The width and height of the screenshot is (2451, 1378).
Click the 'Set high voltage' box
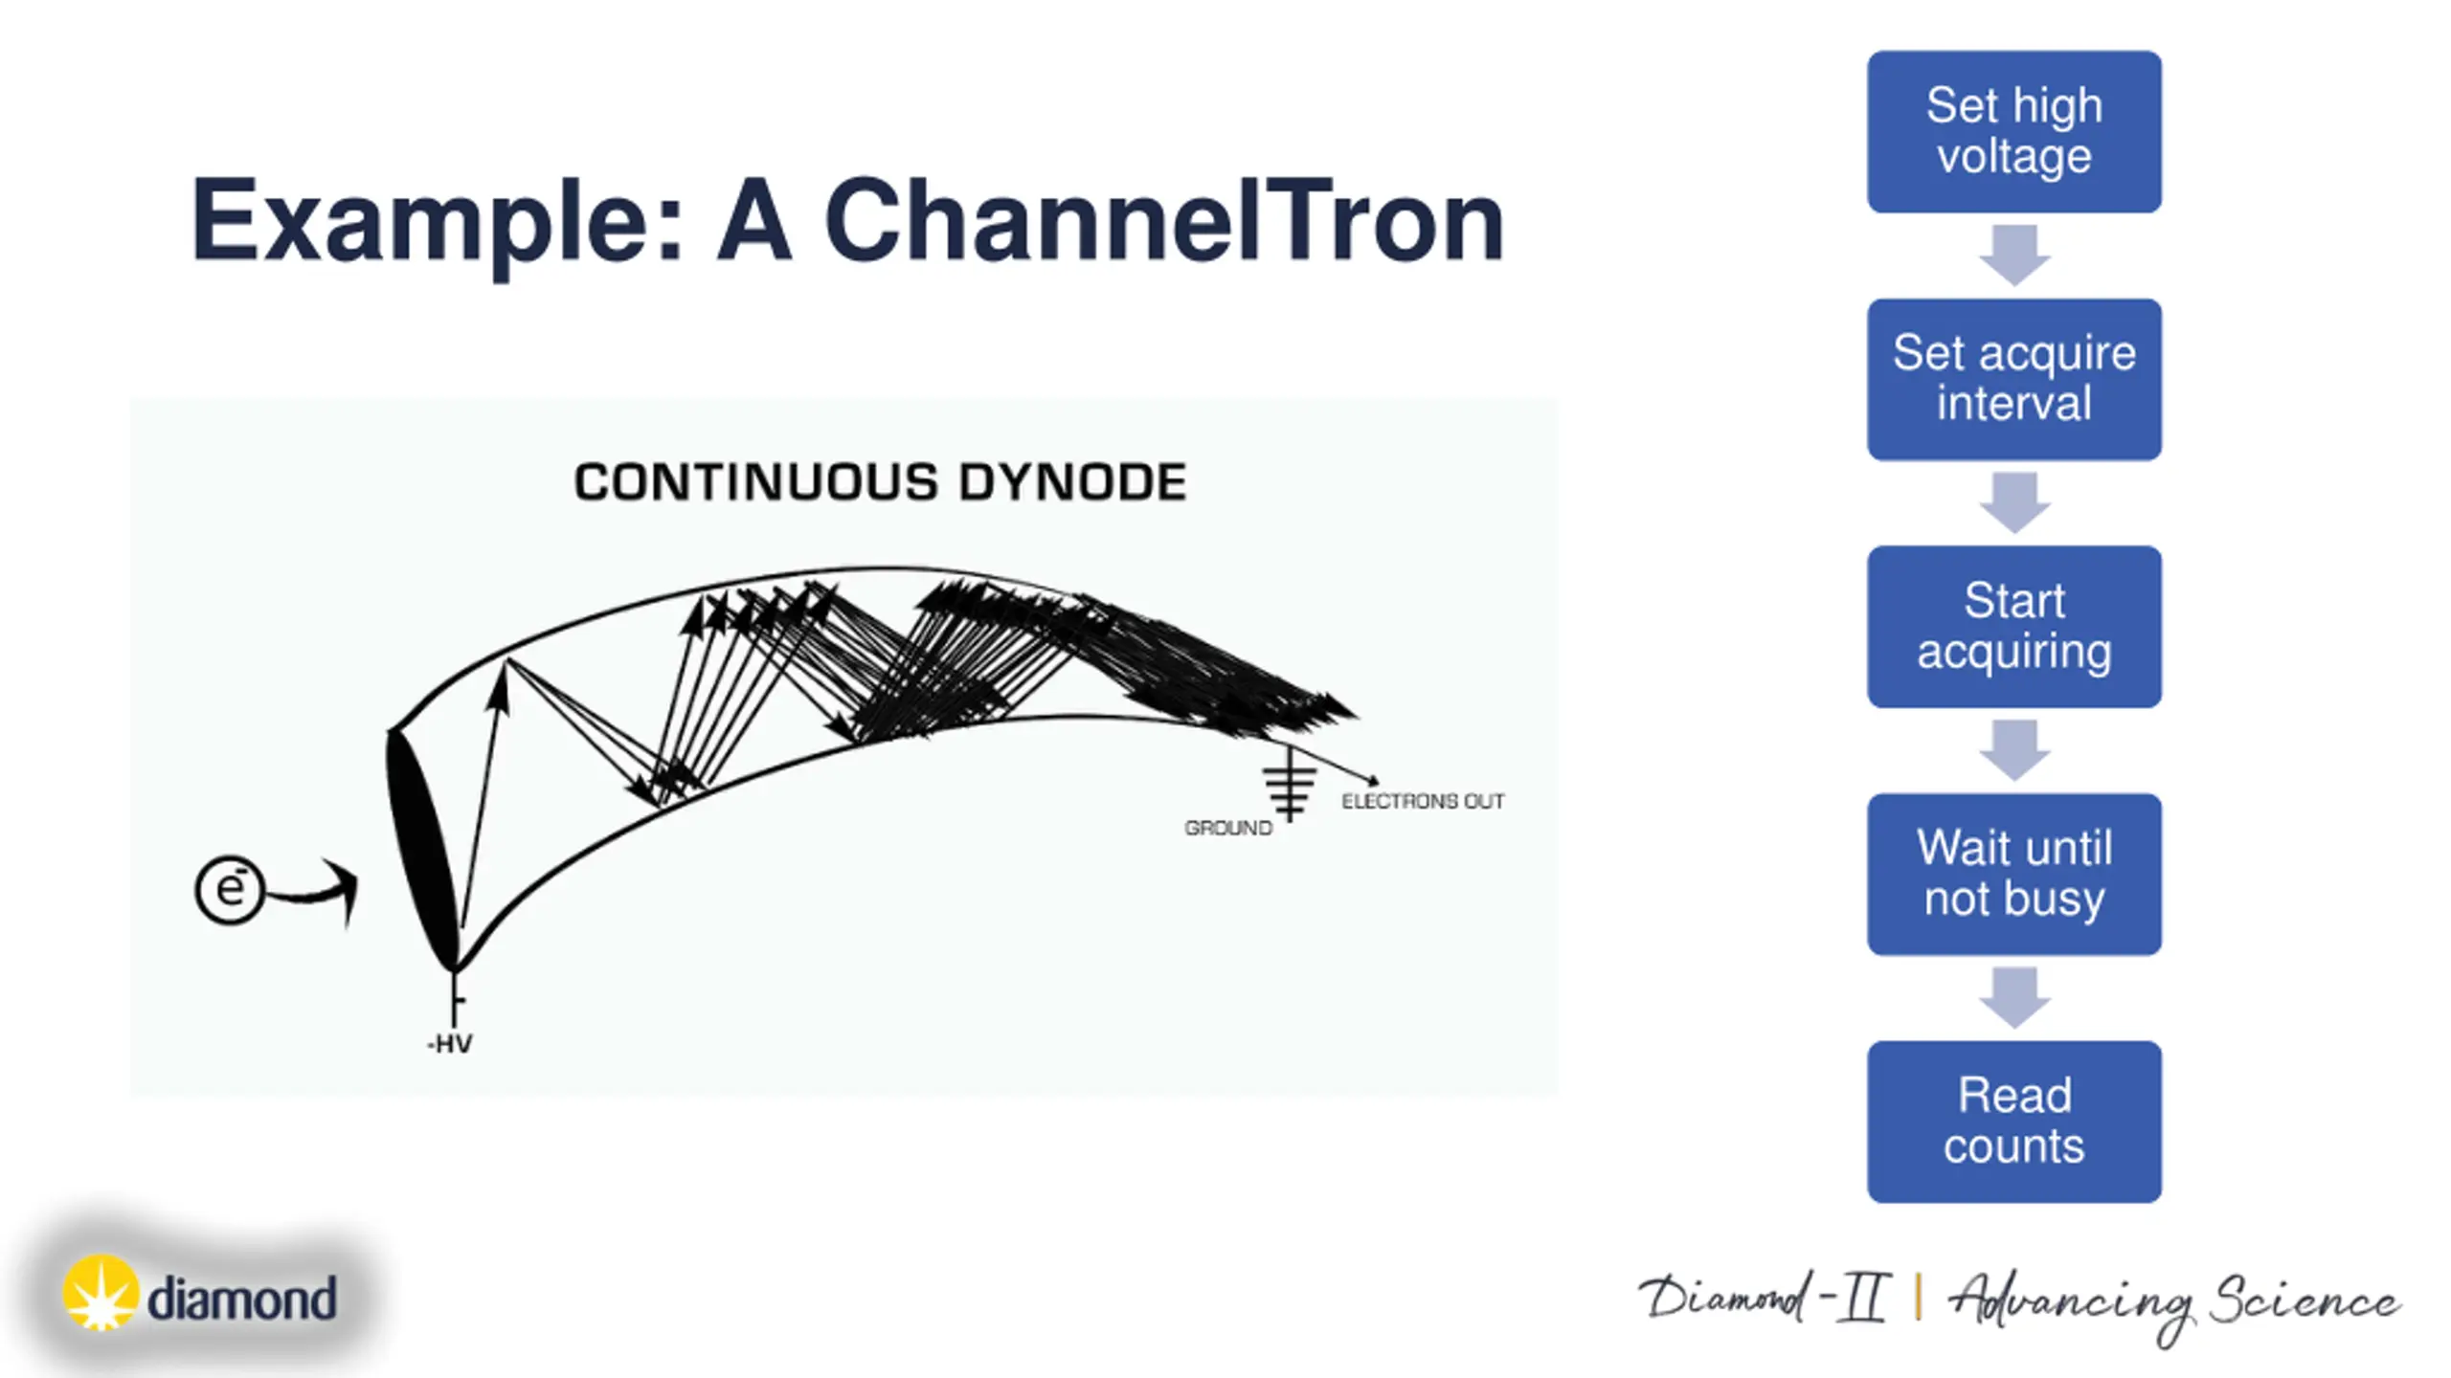pyautogui.click(x=2013, y=131)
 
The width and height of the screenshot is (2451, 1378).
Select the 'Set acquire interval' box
pyautogui.click(x=2013, y=379)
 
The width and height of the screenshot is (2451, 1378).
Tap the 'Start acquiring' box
pyautogui.click(x=2013, y=626)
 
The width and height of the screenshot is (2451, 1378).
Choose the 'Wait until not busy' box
pyautogui.click(x=2013, y=874)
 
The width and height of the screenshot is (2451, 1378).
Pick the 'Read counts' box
pyautogui.click(x=2013, y=1122)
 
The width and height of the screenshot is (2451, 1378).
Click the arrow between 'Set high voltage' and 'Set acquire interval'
pyautogui.click(x=2014, y=255)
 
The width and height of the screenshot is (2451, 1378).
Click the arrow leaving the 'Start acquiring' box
pyautogui.click(x=2014, y=749)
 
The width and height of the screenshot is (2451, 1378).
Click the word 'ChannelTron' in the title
pyautogui.click(x=1163, y=222)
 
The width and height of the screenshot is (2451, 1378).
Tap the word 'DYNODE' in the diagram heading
pyautogui.click(x=1072, y=481)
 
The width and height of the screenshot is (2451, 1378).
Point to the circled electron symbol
pyautogui.click(x=229, y=889)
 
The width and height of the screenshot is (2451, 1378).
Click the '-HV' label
pyautogui.click(x=449, y=1044)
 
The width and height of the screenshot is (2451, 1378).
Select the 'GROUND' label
pyautogui.click(x=1227, y=828)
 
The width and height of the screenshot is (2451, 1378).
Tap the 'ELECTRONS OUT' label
pyautogui.click(x=1423, y=801)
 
